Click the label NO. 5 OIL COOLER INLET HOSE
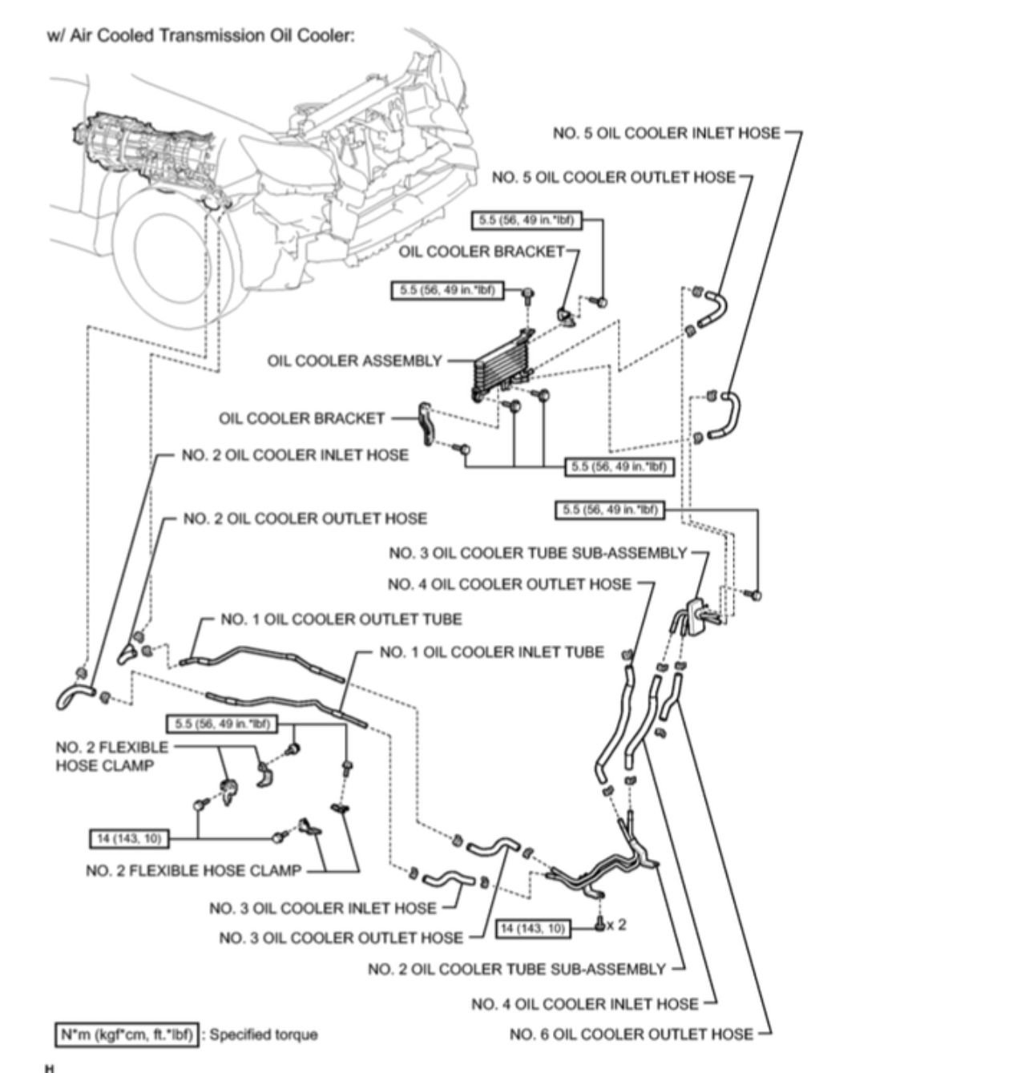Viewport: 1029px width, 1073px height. coord(665,133)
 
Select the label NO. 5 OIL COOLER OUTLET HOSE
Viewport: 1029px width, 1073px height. coord(613,177)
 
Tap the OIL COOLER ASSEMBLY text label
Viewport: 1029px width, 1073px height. coord(354,361)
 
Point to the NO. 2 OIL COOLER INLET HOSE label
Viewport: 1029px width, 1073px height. coord(295,455)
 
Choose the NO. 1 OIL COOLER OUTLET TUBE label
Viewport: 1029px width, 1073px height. coord(341,619)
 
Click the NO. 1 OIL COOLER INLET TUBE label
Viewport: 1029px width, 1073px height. coord(491,652)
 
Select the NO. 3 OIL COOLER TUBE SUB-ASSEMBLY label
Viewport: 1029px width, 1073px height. coord(538,553)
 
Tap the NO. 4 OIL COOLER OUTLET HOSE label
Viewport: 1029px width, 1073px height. coord(509,584)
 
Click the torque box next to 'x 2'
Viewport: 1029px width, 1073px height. coord(533,928)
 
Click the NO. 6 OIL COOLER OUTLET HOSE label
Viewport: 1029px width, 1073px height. coord(631,1035)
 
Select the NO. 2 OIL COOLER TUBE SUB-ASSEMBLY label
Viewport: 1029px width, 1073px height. coord(516,970)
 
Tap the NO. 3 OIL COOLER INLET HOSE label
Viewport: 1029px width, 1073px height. coord(322,908)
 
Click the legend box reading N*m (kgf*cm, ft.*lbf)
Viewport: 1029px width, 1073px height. coord(126,1035)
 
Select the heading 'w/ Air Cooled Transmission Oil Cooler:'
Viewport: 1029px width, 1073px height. coord(200,36)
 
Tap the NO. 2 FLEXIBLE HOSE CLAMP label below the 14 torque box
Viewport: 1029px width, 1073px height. coord(193,870)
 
